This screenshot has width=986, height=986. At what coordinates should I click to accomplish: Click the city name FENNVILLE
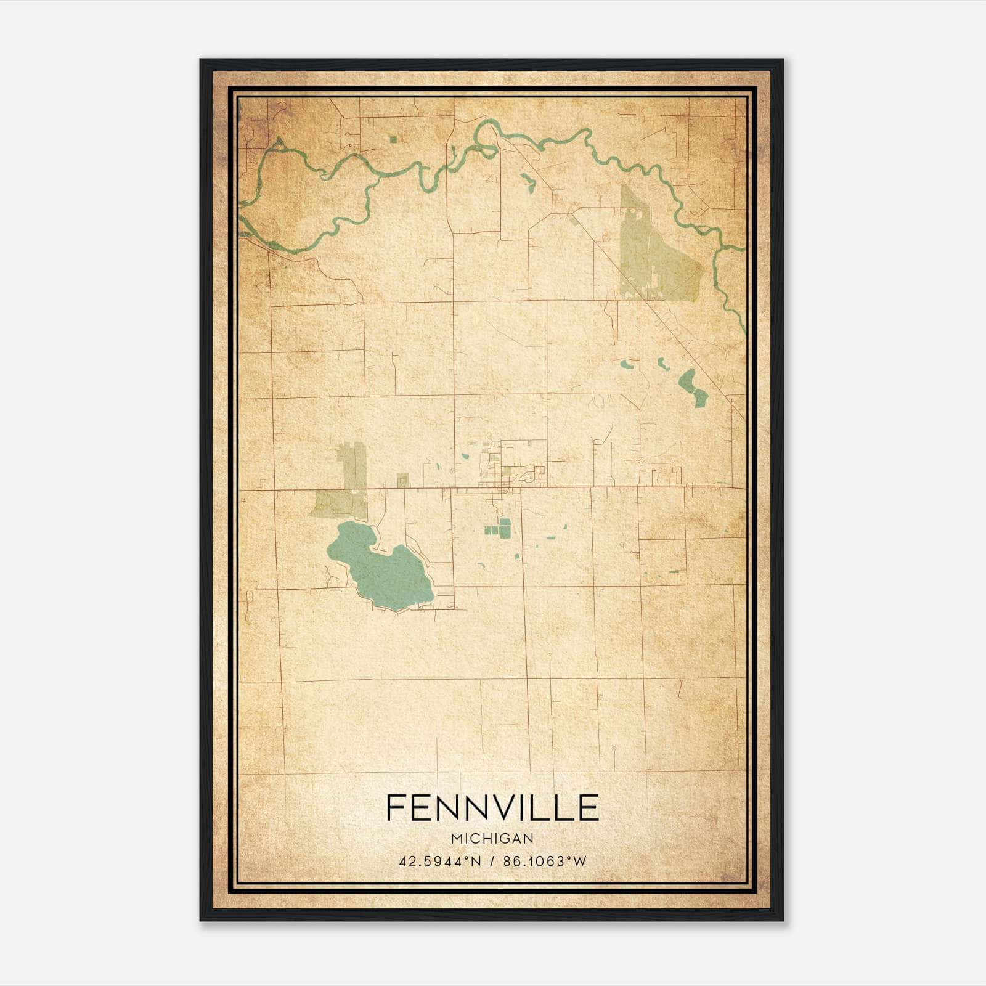492,808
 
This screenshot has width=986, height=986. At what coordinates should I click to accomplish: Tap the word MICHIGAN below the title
492,839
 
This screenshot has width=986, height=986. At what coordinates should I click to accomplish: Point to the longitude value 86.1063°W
545,862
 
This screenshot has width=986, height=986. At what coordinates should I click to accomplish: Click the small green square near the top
393,139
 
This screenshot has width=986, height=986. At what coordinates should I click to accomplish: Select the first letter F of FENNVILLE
396,808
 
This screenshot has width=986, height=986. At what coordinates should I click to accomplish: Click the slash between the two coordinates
491,862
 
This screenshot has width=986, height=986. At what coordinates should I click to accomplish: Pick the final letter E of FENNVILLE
589,808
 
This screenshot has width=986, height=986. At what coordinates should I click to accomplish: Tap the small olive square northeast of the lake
402,481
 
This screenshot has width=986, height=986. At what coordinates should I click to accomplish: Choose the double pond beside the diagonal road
693,388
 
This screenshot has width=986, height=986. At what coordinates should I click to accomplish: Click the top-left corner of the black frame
202,60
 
